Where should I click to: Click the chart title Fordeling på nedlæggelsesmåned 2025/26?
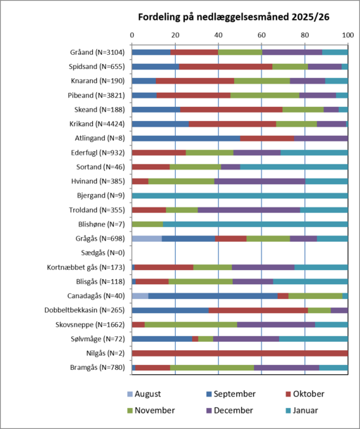tap(233, 18)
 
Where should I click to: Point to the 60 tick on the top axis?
tap(262, 35)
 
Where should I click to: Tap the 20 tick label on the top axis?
tap(175, 35)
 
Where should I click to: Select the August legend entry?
tap(144, 394)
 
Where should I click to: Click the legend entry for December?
tap(229, 411)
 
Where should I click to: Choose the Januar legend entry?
tap(302, 411)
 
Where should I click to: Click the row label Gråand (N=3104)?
tap(98, 52)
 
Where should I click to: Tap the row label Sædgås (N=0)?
tap(103, 252)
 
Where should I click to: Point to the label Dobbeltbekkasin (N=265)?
tap(84, 310)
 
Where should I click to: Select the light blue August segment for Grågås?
tap(147, 238)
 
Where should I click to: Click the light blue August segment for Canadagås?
tap(141, 296)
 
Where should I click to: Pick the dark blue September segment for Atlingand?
tap(186, 138)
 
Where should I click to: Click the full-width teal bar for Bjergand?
tap(240, 196)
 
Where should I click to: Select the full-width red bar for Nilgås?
tap(240, 353)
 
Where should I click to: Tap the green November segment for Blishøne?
tap(148, 224)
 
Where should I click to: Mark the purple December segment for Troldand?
tap(249, 210)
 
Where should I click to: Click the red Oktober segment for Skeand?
tap(231, 110)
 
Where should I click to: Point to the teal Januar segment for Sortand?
tap(294, 167)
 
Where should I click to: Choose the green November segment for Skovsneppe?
tap(191, 324)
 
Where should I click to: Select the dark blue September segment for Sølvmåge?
tap(162, 339)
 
